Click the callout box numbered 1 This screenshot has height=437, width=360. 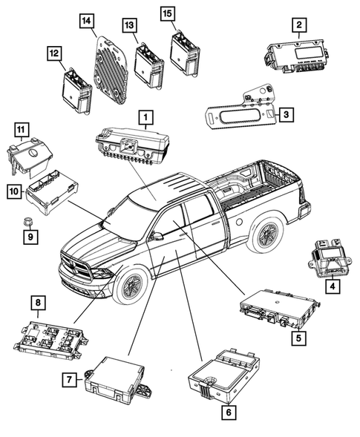[146, 117]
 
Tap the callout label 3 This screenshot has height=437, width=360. [285, 114]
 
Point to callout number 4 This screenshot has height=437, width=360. [333, 285]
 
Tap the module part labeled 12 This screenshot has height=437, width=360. [76, 86]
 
